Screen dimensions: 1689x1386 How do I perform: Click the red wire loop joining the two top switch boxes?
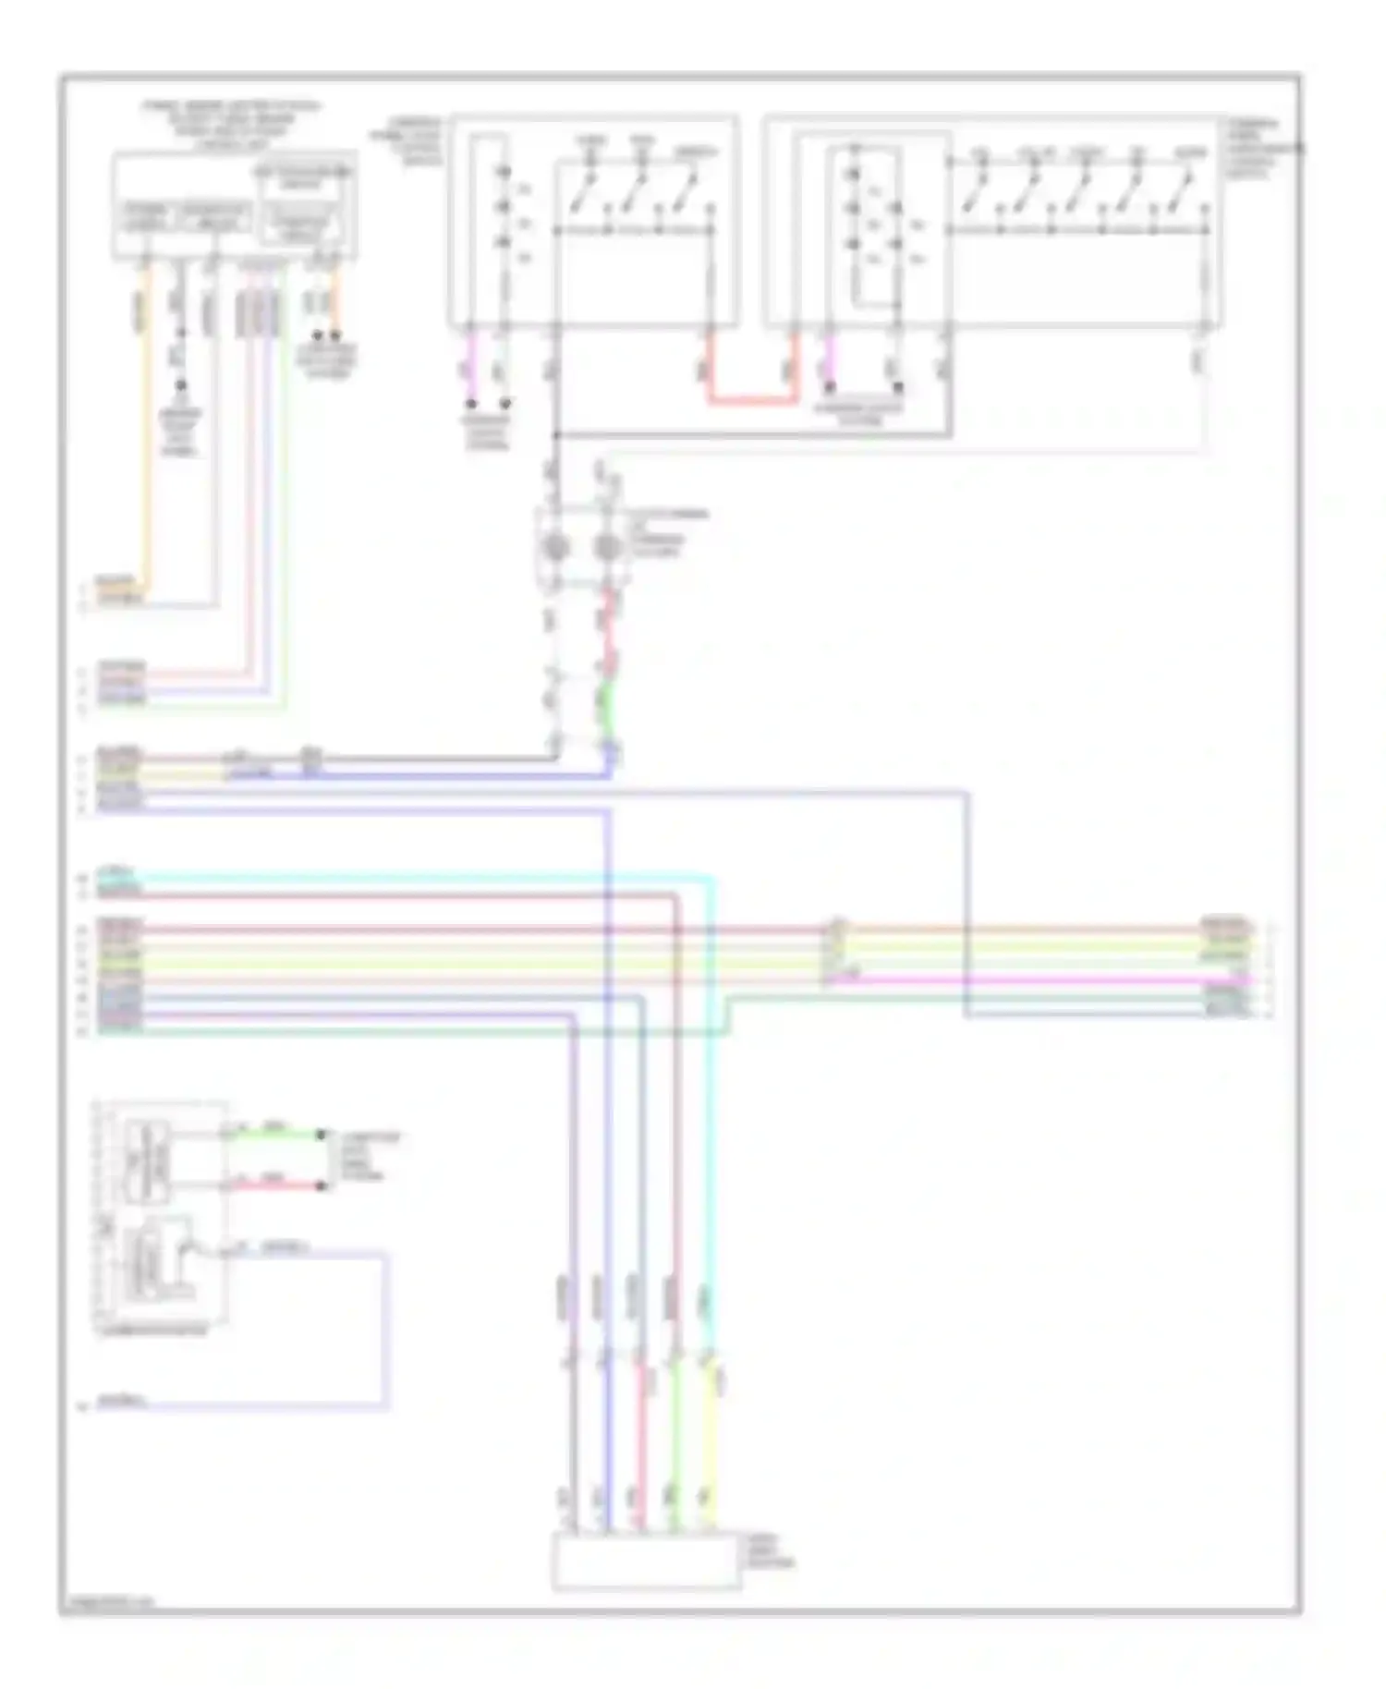pyautogui.click(x=752, y=401)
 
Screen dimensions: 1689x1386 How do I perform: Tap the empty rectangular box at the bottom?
pyautogui.click(x=646, y=1561)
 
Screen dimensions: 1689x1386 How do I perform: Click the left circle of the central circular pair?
pyautogui.click(x=554, y=548)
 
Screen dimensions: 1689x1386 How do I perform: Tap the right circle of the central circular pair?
pyautogui.click(x=607, y=548)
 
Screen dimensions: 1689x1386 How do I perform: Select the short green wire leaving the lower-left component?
pyautogui.click(x=273, y=1133)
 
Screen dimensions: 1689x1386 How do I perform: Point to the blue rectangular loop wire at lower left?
pyautogui.click(x=386, y=1331)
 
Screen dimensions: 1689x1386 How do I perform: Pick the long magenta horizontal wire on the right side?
pyautogui.click(x=1035, y=978)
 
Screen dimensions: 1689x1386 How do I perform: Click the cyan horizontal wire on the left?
pyautogui.click(x=416, y=876)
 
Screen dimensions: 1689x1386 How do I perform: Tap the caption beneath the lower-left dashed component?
pyautogui.click(x=152, y=1330)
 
